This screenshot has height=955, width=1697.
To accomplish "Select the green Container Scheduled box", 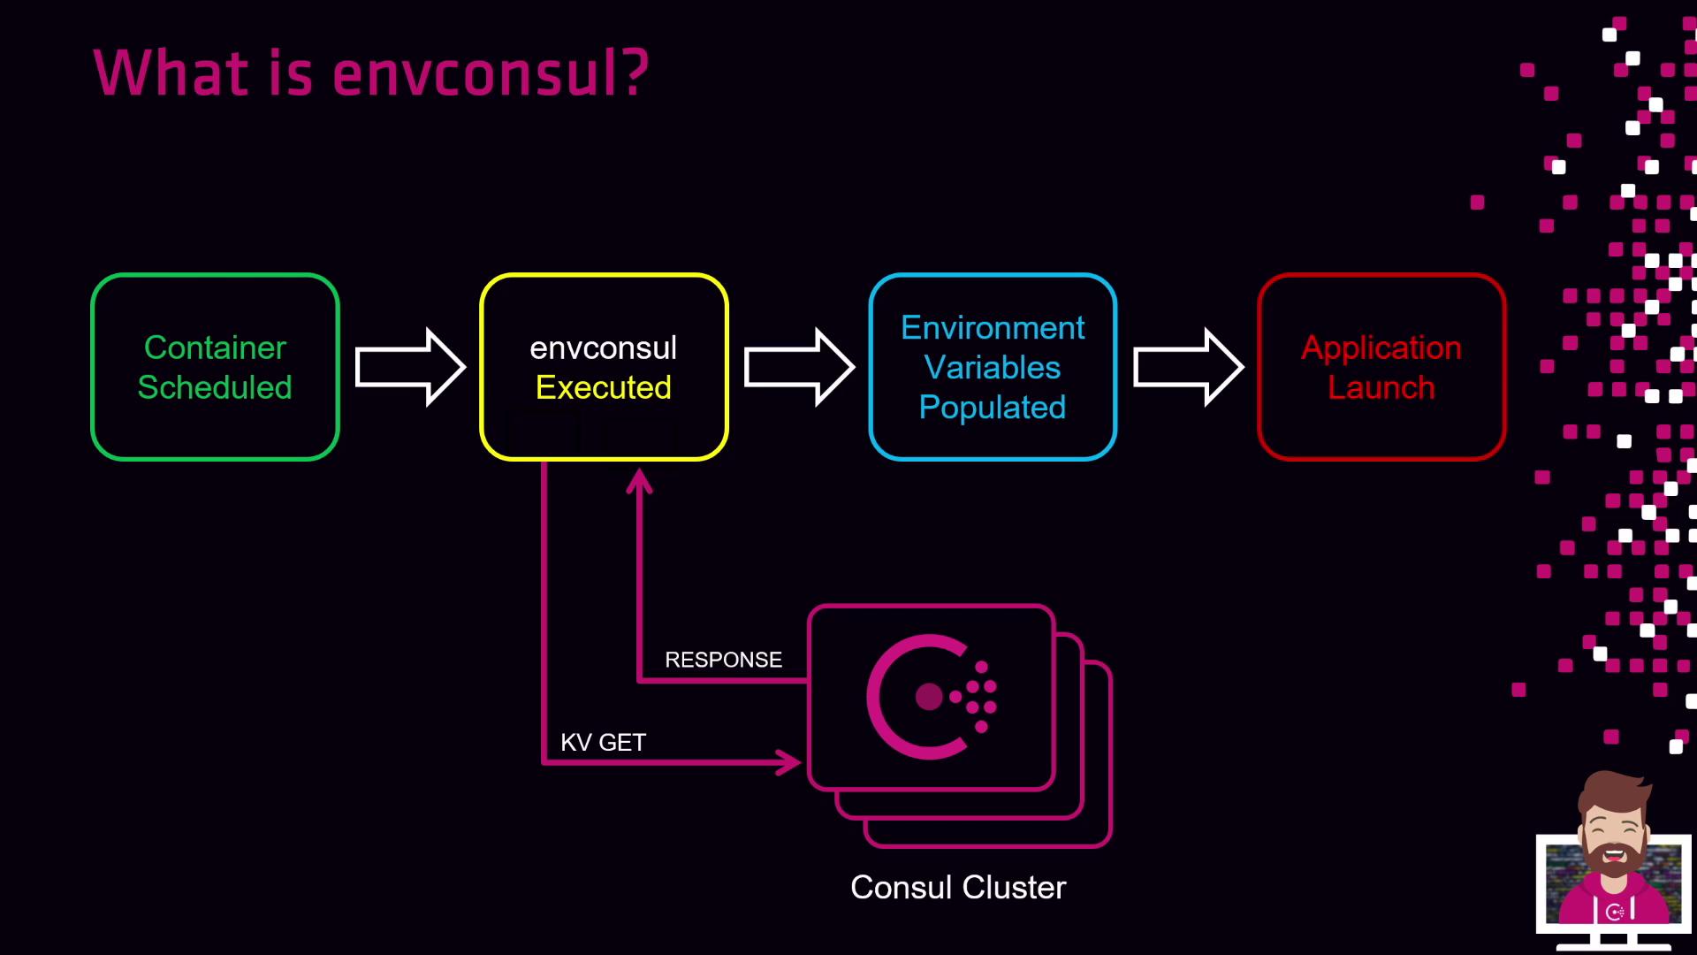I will point(215,367).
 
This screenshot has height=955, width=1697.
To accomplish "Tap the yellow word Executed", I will point(604,387).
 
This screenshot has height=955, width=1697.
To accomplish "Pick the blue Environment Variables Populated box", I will point(993,367).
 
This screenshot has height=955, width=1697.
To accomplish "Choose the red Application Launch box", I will point(1381,367).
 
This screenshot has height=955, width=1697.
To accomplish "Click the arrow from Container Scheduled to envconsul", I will point(409,367).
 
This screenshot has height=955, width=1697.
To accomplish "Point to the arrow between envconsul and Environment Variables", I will point(798,367).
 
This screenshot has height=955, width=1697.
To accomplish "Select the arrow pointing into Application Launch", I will point(1188,367).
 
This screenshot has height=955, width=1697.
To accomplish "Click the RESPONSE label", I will point(723,660).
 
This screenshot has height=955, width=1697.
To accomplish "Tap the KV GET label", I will point(603,743).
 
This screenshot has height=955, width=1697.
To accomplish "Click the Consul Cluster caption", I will point(958,887).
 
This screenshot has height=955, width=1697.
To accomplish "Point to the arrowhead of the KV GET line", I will point(788,761).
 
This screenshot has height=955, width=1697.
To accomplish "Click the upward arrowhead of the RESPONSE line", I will point(639,481).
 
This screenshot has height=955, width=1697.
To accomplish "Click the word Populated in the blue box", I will point(993,408).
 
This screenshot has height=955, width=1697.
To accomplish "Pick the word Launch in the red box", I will point(1381,387).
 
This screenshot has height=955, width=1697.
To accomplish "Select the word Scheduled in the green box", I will point(215,387).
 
